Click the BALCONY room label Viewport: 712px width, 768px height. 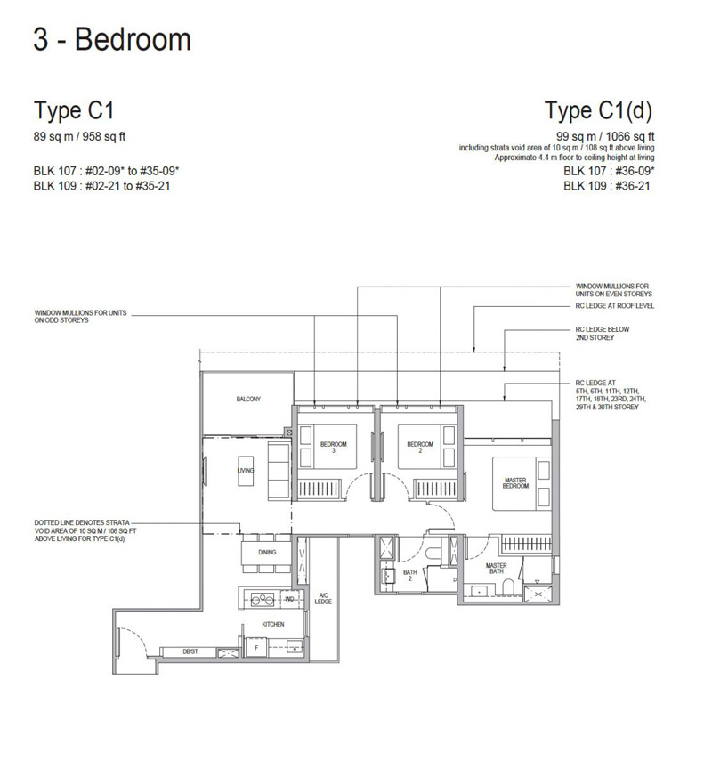[x=248, y=400]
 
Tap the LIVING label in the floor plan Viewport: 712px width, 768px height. [x=246, y=470]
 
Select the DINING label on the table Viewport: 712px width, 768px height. [x=267, y=552]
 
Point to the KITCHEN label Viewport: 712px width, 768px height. [x=272, y=624]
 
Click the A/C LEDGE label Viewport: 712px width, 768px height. [x=323, y=598]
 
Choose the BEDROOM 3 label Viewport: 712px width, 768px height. [x=334, y=447]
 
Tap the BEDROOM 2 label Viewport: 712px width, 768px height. [x=420, y=447]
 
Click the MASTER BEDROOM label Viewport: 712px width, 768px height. [x=515, y=483]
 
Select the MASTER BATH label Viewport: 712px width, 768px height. [x=496, y=568]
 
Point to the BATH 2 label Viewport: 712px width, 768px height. [x=410, y=575]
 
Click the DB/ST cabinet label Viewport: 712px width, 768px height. [x=190, y=651]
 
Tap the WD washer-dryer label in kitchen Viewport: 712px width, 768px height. [x=289, y=599]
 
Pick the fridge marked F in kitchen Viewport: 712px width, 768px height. [x=256, y=648]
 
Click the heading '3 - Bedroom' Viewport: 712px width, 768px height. [x=112, y=39]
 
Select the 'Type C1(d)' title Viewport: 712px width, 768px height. [x=598, y=110]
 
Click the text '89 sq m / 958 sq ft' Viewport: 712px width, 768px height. [x=79, y=137]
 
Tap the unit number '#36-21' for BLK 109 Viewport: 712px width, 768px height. [x=633, y=186]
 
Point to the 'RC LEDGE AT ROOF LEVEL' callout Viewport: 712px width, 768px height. [x=615, y=305]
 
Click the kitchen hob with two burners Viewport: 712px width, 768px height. [x=262, y=599]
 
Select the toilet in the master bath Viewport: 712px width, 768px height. [x=508, y=587]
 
